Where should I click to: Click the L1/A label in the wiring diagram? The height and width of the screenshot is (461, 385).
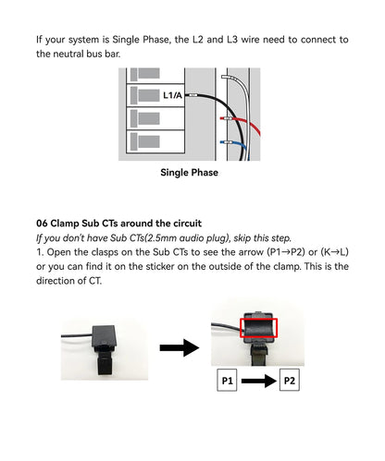(173, 95)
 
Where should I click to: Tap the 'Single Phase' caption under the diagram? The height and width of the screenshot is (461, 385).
(189, 173)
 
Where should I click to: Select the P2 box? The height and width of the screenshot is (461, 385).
(289, 380)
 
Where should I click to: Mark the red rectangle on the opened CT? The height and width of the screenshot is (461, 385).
(258, 326)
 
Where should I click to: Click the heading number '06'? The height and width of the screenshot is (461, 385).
(43, 224)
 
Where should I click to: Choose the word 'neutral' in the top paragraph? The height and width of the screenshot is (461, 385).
(75, 55)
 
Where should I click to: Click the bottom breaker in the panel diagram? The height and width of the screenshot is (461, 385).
(147, 140)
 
